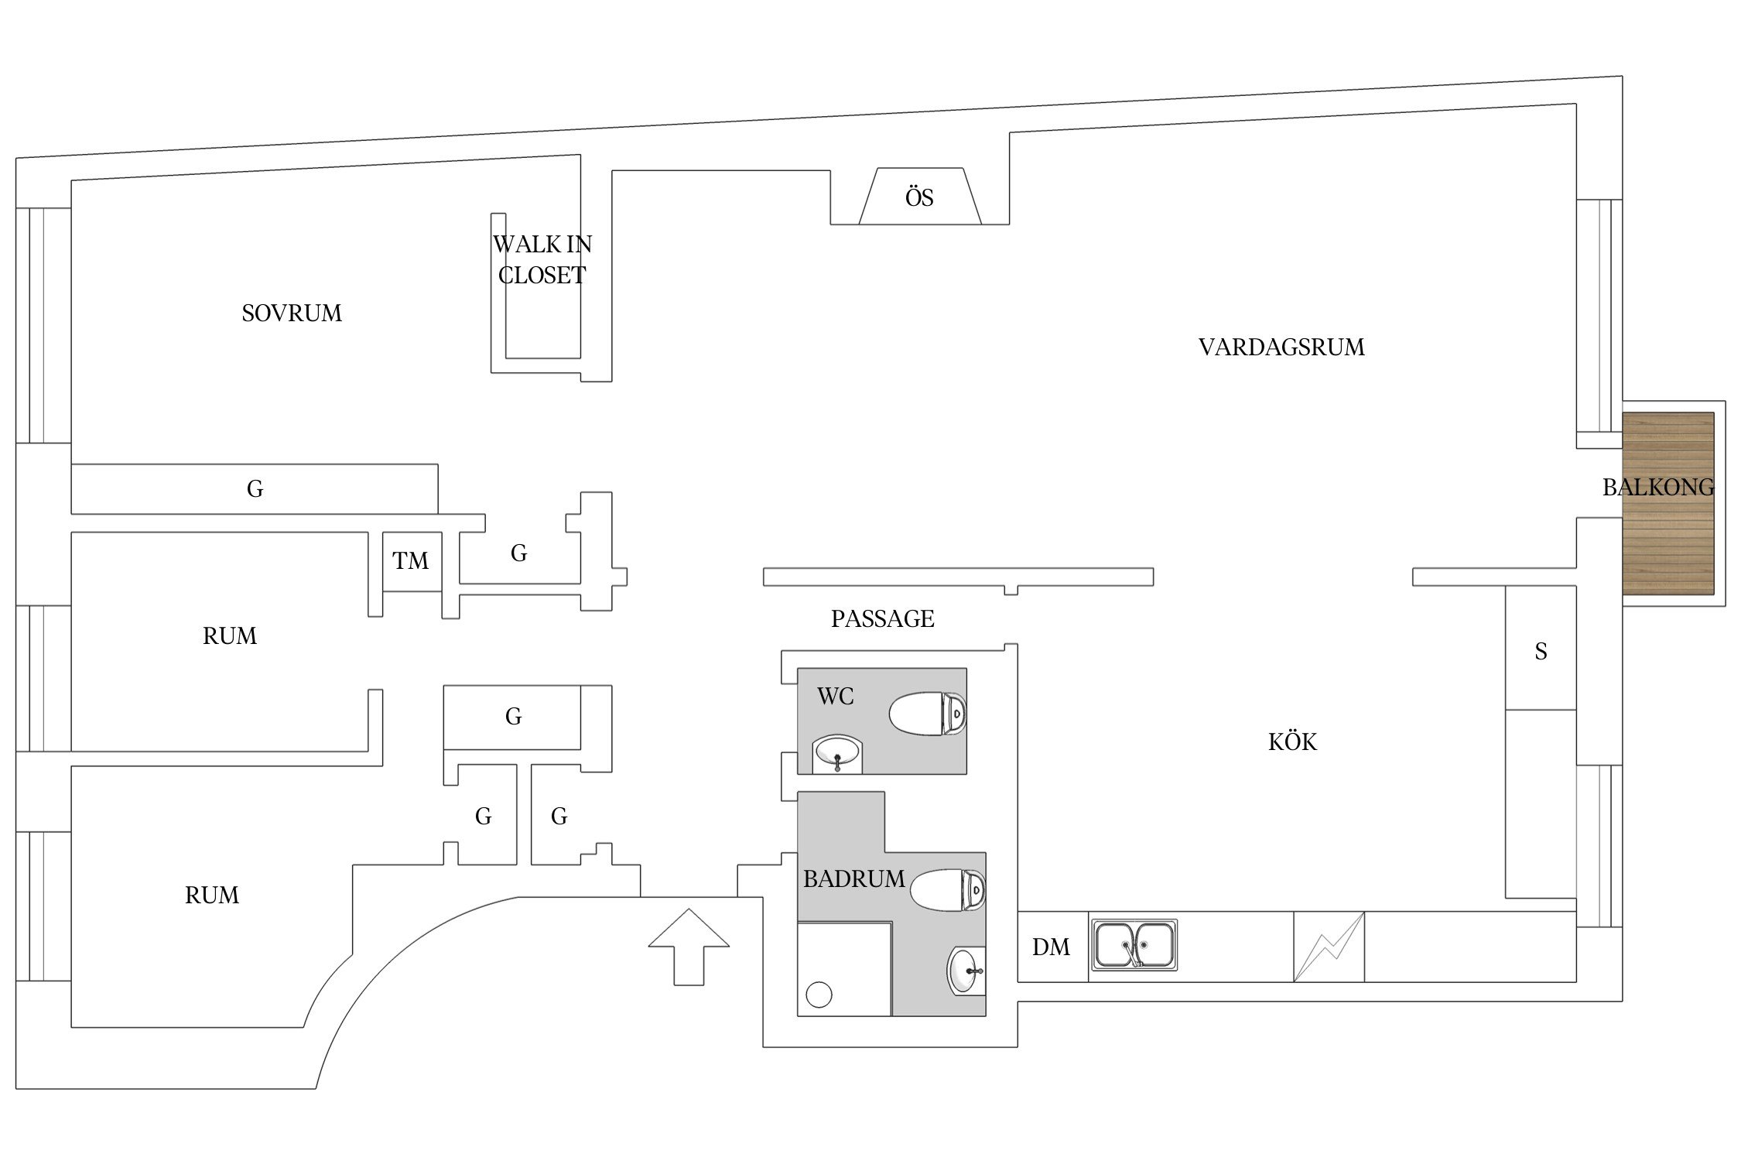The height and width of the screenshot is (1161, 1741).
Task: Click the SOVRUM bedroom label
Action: [291, 313]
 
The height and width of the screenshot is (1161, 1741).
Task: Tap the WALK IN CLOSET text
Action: [542, 260]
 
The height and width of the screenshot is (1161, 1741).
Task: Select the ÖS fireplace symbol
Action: [919, 197]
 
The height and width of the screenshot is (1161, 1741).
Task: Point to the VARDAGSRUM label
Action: [1281, 347]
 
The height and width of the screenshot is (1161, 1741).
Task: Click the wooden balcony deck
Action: [1667, 503]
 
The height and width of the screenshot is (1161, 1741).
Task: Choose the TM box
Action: [411, 560]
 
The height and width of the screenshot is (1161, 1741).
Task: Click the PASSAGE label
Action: [882, 618]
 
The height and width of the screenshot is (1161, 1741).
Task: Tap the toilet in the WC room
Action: [927, 713]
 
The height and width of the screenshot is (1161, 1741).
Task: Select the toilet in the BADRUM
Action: [947, 889]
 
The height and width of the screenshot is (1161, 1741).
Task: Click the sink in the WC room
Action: [836, 753]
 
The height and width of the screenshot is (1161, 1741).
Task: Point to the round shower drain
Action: [819, 994]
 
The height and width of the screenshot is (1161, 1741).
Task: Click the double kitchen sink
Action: [1134, 944]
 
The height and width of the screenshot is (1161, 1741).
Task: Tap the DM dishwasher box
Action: [1052, 947]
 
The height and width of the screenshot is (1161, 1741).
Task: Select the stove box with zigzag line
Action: [1329, 946]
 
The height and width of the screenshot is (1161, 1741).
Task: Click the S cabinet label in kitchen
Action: [1541, 652]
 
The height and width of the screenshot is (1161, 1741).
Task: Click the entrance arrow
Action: [689, 946]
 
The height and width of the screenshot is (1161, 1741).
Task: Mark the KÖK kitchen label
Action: [1291, 741]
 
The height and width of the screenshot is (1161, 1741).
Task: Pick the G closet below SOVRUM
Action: [255, 488]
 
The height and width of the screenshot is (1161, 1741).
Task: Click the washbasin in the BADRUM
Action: [965, 971]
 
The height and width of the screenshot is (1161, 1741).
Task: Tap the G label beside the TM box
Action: [518, 553]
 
